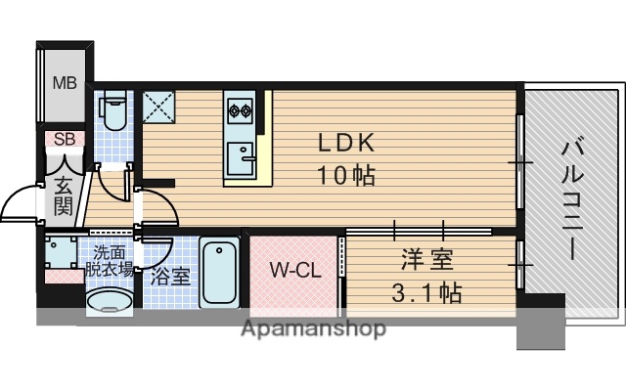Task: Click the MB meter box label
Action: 65,82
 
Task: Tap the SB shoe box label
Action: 64,139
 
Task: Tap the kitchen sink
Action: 240,154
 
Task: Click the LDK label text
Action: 344,142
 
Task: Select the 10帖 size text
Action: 344,176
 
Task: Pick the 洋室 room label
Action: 429,260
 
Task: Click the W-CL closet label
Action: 295,271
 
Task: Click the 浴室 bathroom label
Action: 170,275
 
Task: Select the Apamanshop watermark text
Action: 313,328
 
